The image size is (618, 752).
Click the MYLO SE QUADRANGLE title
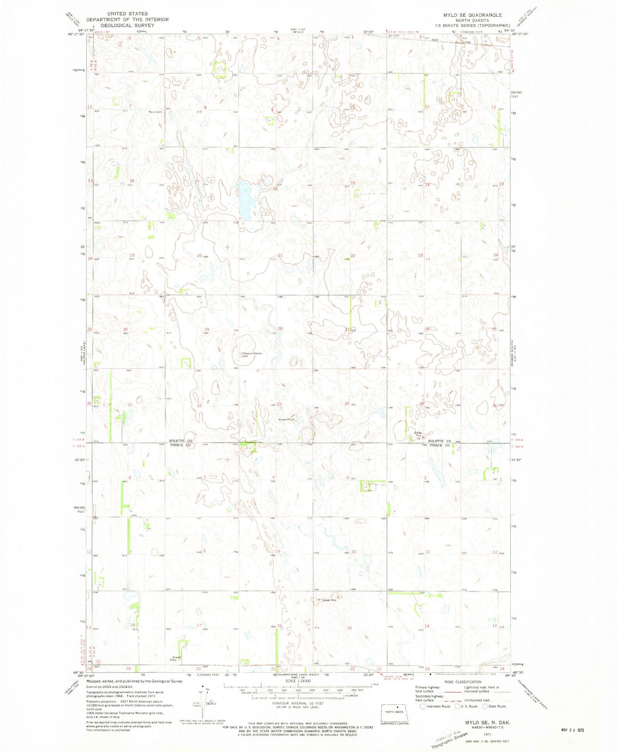472,15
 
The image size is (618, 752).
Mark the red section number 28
281,328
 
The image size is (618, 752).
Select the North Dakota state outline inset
395,712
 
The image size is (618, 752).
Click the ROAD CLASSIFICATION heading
462,682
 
